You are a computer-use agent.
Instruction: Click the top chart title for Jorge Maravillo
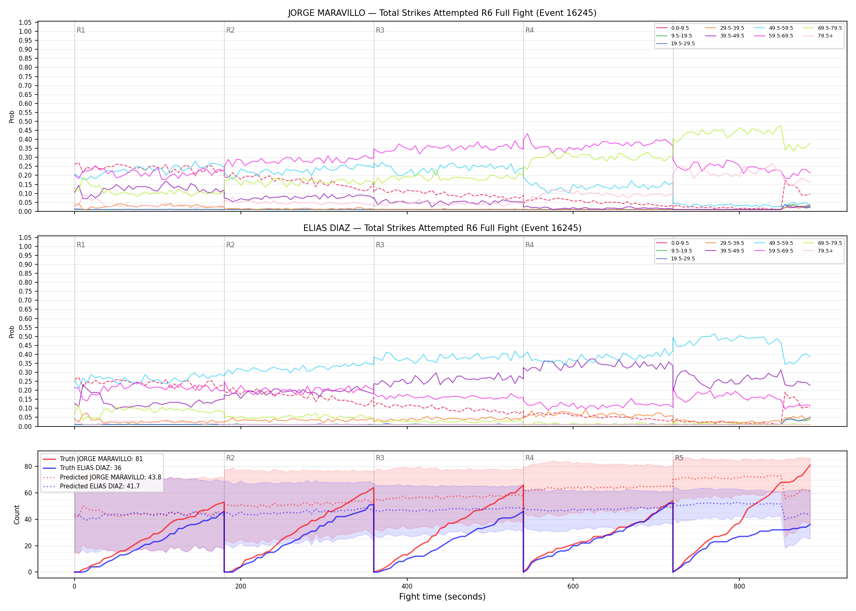442,13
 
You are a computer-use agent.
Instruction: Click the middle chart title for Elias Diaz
442,228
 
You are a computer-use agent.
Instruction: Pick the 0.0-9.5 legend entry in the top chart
672,28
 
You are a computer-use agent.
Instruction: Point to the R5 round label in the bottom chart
679,458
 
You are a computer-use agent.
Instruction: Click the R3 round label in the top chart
380,30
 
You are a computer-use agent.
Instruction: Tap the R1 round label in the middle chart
81,245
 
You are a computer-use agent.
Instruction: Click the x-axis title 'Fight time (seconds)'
442,597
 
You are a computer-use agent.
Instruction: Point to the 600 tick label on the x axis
573,587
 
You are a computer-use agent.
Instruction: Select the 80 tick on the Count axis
28,467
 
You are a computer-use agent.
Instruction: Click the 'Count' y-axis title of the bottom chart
17,514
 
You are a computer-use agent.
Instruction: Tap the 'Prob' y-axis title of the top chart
12,117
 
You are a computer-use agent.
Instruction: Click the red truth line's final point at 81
810,465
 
